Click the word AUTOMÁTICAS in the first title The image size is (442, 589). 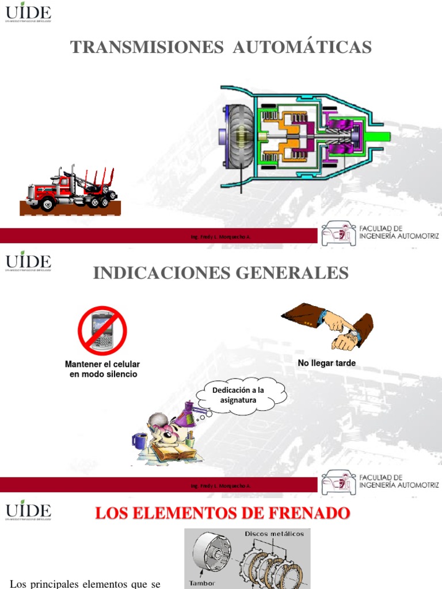pyautogui.click(x=302, y=48)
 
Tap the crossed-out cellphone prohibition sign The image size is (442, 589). pyautogui.click(x=102, y=331)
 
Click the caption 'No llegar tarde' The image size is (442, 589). pyautogui.click(x=326, y=363)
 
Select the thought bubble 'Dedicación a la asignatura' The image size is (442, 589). pyautogui.click(x=241, y=395)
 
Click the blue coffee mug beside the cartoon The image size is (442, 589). pyautogui.click(x=139, y=441)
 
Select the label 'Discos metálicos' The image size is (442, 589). pyautogui.click(x=274, y=534)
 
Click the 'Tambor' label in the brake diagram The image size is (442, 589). pyautogui.click(x=202, y=583)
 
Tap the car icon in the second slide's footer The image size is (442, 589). pyautogui.click(x=338, y=481)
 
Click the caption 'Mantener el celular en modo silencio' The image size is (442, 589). pyautogui.click(x=102, y=369)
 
